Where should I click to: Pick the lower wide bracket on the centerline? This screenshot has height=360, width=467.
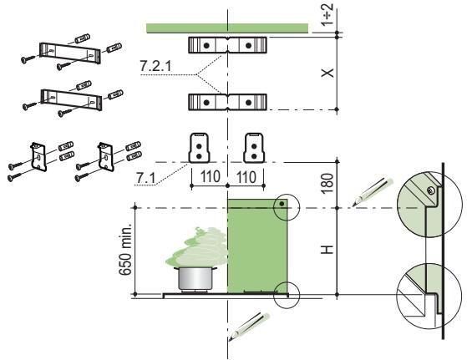pyautogui.click(x=226, y=102)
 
